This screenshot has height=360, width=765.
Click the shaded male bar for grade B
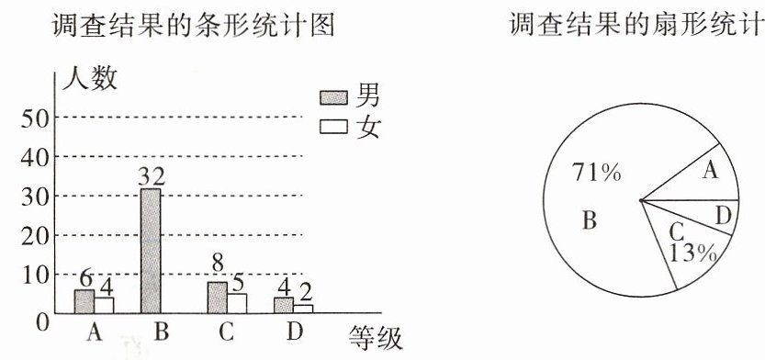click(x=151, y=251)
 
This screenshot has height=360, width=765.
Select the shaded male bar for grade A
click(x=84, y=301)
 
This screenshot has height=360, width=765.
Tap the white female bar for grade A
click(x=104, y=306)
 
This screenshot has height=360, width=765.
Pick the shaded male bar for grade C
click(x=217, y=298)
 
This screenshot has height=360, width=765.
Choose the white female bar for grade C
click(x=237, y=303)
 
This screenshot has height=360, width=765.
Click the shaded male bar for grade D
click(x=284, y=306)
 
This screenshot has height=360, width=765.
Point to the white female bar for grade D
click(x=303, y=309)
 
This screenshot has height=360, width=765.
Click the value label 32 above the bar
click(x=152, y=176)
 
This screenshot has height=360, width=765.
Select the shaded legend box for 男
click(x=333, y=98)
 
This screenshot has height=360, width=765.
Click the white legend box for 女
click(x=333, y=127)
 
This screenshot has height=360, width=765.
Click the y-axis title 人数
click(x=90, y=79)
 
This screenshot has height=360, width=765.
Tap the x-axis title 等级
click(x=376, y=338)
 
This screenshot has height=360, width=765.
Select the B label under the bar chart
click(x=161, y=332)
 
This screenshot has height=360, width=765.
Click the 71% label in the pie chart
click(x=597, y=174)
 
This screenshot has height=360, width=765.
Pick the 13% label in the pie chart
click(x=692, y=253)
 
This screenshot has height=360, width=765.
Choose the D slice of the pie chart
click(x=717, y=215)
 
